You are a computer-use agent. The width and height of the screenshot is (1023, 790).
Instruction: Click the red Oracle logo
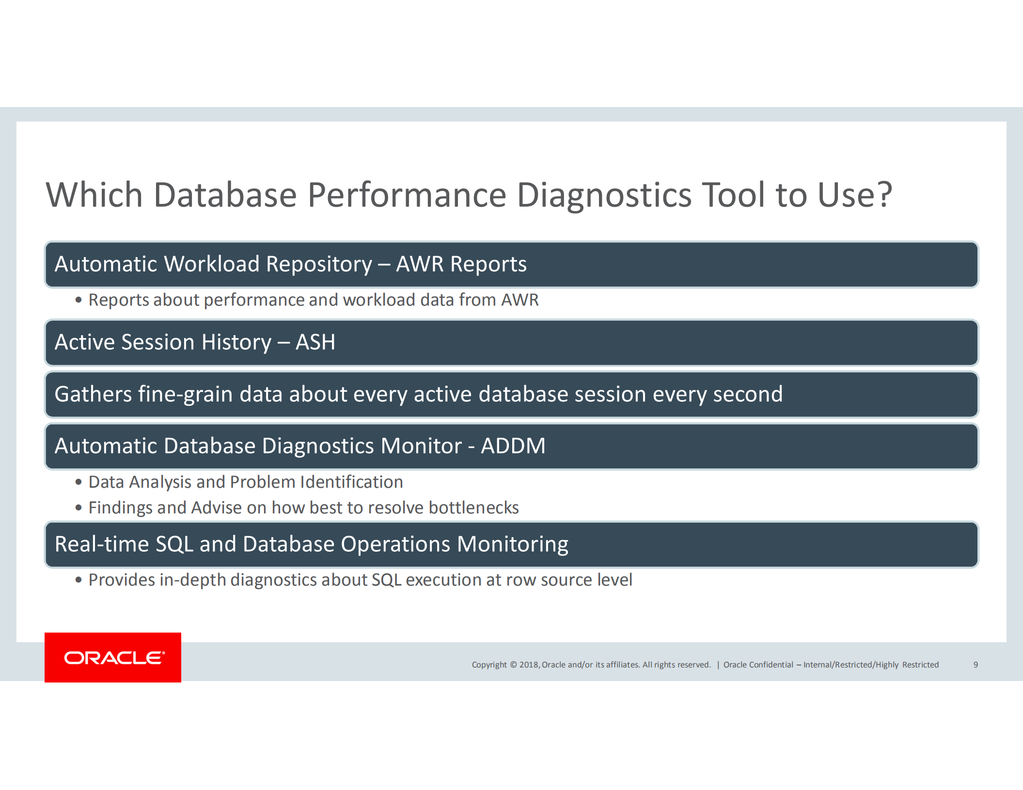pos(113,657)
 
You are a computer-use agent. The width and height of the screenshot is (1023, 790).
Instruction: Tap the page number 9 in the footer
pos(976,665)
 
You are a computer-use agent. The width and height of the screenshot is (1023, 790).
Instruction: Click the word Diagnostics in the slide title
pos(604,195)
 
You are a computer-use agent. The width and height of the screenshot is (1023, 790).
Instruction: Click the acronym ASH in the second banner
pos(315,342)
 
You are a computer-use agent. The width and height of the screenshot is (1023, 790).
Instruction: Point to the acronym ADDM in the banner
pos(513,446)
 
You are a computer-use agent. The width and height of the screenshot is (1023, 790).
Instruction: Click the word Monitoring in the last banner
pos(513,544)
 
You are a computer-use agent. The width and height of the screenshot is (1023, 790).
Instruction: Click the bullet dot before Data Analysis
pos(79,482)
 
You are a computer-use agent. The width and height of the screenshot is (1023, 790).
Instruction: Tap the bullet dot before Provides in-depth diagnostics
pos(79,580)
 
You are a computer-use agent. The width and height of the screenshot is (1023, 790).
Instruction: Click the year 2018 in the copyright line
pos(529,665)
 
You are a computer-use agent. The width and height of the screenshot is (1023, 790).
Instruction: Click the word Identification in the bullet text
pos(351,482)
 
